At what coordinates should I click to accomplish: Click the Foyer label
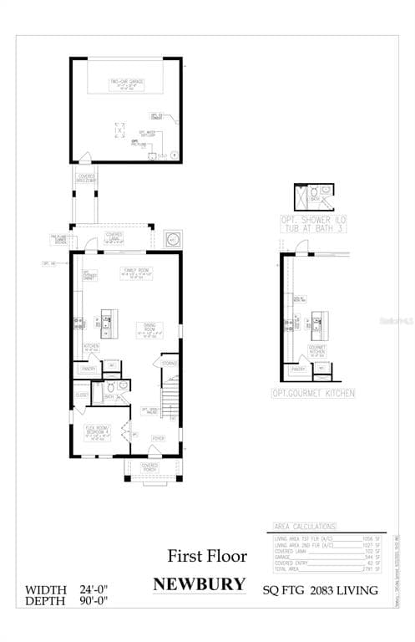click(157, 437)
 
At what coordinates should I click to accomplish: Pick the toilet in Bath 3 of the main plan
click(123, 387)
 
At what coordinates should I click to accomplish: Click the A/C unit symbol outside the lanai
click(174, 238)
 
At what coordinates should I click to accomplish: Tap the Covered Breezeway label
click(86, 177)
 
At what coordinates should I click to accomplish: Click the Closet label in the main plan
click(81, 395)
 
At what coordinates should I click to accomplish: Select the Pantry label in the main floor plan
click(89, 368)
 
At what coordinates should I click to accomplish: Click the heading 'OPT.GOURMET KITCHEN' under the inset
click(313, 393)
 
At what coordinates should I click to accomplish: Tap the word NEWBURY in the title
click(200, 583)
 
